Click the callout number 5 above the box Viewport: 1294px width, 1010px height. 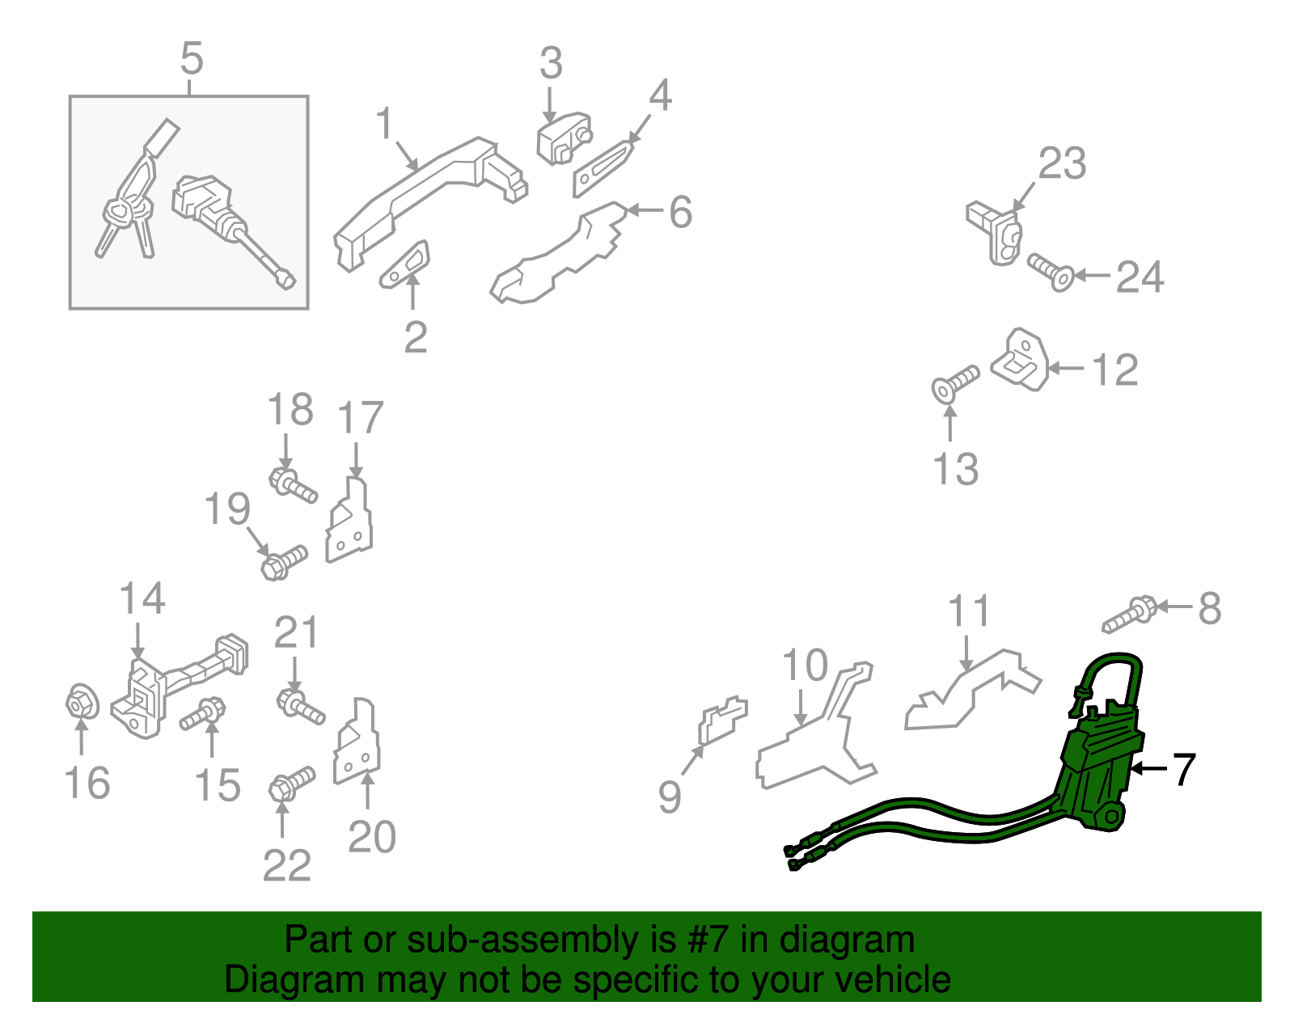tap(192, 59)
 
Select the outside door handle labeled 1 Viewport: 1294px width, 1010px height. tap(429, 194)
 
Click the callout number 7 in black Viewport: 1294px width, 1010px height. tap(1184, 769)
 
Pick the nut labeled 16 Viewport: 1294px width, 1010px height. tap(82, 703)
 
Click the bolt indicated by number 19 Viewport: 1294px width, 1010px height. tap(284, 561)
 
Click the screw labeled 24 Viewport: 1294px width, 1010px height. tap(1050, 272)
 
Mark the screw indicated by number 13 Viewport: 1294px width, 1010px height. tap(954, 383)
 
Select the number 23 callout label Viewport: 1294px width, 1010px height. tap(1062, 163)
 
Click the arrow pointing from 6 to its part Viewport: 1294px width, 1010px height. tap(645, 210)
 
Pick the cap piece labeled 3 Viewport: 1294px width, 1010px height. tap(563, 138)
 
